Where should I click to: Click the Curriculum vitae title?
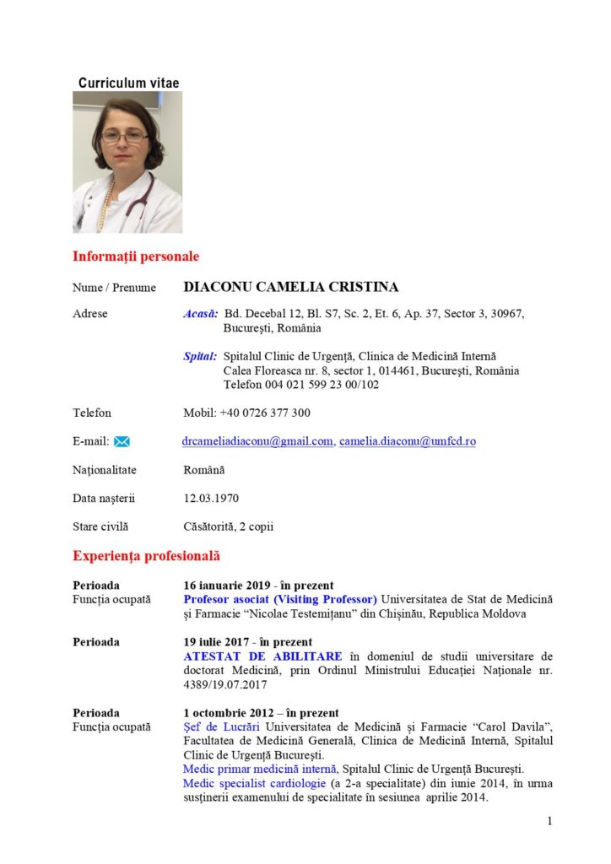[128, 83]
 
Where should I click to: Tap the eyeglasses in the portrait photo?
[124, 136]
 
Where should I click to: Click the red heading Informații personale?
[136, 256]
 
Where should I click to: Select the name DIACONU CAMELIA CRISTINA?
[291, 287]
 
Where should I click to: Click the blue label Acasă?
[201, 314]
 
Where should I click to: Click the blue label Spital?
[200, 356]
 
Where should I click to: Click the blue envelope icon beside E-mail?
[122, 441]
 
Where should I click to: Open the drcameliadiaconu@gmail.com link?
[257, 440]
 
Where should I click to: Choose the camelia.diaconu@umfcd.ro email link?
[408, 440]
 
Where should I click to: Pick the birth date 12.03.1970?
[211, 498]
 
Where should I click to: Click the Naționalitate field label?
[105, 470]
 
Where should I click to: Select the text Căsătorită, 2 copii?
[229, 526]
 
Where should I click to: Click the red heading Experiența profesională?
[146, 556]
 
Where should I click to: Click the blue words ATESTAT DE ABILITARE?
[262, 656]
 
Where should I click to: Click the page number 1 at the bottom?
[549, 821]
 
